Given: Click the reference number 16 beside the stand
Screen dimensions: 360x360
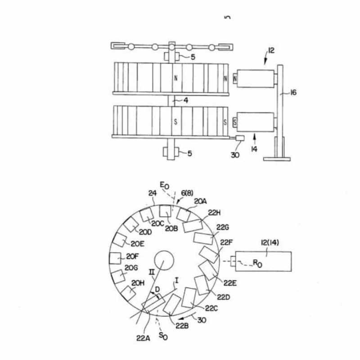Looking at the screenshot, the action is click(x=293, y=93).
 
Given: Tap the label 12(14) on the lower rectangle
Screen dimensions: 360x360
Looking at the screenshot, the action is click(x=270, y=243).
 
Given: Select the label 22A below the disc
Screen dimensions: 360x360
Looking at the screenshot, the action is click(x=143, y=338).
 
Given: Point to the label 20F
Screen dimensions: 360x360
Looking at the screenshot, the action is click(x=132, y=256).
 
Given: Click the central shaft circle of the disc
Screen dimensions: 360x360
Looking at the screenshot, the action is click(x=164, y=261).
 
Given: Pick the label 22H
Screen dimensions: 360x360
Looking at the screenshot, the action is click(x=214, y=213).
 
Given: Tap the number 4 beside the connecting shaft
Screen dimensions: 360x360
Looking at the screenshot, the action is click(x=186, y=100).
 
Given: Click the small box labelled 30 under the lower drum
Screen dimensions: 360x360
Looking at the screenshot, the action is click(x=239, y=138).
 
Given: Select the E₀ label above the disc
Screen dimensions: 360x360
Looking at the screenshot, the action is click(x=164, y=185).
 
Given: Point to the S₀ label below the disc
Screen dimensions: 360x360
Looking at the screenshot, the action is click(x=163, y=336).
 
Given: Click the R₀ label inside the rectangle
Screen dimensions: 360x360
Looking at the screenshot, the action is click(x=257, y=263).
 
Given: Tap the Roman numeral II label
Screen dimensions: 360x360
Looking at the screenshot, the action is click(x=152, y=272).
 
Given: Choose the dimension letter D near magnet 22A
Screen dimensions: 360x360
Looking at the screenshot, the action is click(x=157, y=289).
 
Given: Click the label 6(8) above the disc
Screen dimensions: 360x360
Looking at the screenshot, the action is click(x=187, y=193).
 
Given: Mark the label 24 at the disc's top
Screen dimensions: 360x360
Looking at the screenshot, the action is click(x=152, y=193).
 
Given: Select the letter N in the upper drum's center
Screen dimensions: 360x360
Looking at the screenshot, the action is click(x=176, y=78).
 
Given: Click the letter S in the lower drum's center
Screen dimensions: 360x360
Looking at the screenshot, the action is click(x=175, y=121).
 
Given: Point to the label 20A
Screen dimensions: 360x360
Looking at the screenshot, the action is click(x=200, y=201).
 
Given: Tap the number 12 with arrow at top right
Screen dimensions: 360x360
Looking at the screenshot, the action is click(x=271, y=50).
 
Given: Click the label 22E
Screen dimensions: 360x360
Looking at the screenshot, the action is click(x=230, y=283).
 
